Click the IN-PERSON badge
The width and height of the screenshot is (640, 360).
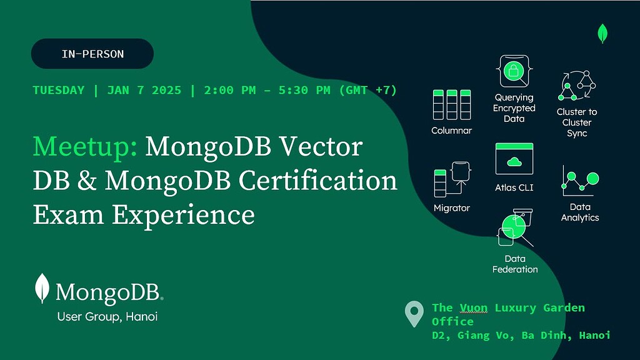(x=92, y=54)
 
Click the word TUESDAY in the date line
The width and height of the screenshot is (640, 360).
(x=58, y=90)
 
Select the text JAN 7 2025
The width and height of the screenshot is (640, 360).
(x=144, y=90)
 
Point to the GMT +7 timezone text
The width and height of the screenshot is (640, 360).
(x=368, y=90)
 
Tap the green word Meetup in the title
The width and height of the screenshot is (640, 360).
(x=85, y=147)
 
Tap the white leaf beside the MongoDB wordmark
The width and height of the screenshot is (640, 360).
(x=42, y=289)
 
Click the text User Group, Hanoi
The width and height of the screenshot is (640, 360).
(x=107, y=317)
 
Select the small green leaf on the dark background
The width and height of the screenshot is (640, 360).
(x=602, y=33)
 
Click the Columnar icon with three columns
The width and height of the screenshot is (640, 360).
(x=451, y=104)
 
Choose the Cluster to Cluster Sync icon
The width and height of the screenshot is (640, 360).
(x=577, y=86)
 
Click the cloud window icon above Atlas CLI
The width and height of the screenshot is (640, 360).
(x=514, y=159)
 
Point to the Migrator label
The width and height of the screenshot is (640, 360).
(x=451, y=207)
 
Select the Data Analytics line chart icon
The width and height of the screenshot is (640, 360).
(x=580, y=181)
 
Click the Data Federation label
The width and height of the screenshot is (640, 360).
(x=515, y=264)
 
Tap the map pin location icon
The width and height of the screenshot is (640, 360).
(x=414, y=314)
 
